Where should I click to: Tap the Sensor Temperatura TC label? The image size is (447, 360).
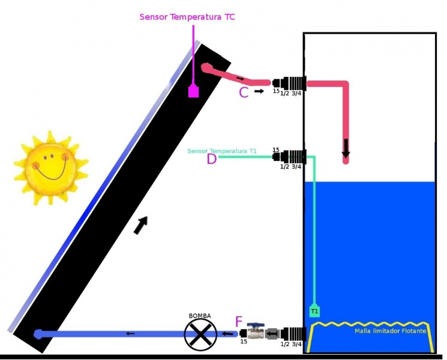187,17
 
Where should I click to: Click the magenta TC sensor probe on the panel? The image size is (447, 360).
193,91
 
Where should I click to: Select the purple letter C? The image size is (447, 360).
244,92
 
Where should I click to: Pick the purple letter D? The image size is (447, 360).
211,159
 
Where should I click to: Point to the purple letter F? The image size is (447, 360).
239,323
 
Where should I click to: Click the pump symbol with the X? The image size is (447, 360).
200,334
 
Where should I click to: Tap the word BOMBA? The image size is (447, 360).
200,316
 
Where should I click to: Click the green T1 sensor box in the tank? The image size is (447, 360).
314,311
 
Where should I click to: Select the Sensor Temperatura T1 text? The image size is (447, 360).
222,151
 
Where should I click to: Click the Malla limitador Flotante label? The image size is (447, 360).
390,331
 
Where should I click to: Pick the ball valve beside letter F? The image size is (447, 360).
257,331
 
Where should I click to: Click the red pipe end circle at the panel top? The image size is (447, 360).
206,68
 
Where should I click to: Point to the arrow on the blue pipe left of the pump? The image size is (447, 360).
130,334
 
